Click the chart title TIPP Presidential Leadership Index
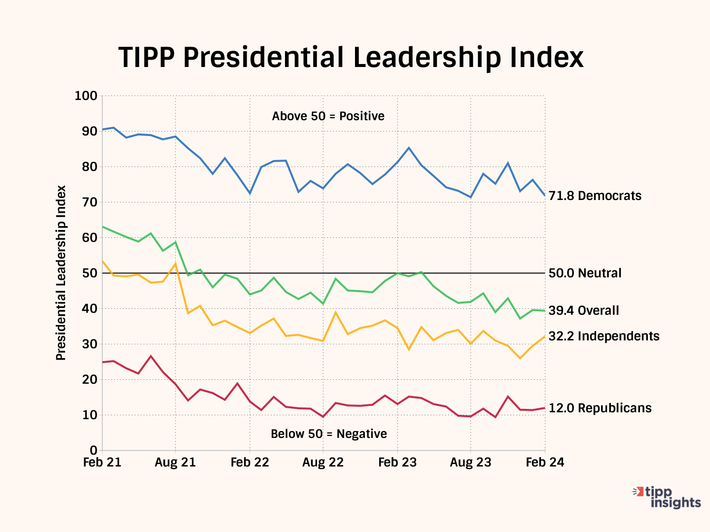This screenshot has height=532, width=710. click(x=351, y=58)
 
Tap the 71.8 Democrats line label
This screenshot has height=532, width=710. click(x=595, y=196)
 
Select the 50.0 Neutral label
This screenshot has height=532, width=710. click(x=585, y=273)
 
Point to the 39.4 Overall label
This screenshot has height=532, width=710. click(x=584, y=310)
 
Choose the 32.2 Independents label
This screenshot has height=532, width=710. click(x=604, y=336)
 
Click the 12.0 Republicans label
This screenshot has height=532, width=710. click(x=600, y=408)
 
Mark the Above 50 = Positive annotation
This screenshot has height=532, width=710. click(x=328, y=116)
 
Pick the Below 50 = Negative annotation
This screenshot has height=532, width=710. click(x=328, y=434)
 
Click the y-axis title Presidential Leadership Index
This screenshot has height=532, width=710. click(x=61, y=273)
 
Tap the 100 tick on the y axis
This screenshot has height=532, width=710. click(x=86, y=96)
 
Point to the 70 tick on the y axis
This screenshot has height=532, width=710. click(x=90, y=202)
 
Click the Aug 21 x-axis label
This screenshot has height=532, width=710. click(x=176, y=463)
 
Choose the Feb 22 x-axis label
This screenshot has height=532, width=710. click(x=249, y=463)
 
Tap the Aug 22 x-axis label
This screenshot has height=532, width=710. click(x=323, y=463)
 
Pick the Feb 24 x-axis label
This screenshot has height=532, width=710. click(x=545, y=463)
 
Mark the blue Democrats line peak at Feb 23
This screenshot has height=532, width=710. click(x=409, y=148)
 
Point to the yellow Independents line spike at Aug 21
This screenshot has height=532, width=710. click(x=176, y=264)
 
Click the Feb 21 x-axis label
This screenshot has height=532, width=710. click(x=103, y=463)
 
